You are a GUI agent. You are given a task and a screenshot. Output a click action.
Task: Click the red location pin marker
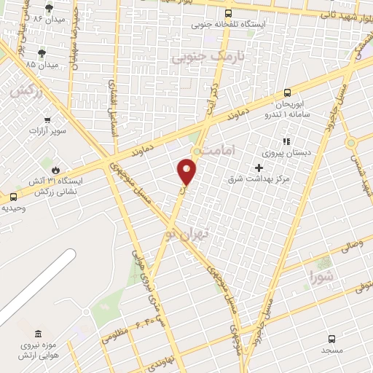pyautogui.click(x=187, y=171)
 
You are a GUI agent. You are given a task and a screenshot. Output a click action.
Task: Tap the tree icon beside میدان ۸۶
pyautogui.click(x=48, y=9)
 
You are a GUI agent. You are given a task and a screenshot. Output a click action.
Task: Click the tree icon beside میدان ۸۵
pyautogui.click(x=42, y=52)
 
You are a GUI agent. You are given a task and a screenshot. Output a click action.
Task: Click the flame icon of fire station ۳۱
pyautogui.click(x=55, y=169)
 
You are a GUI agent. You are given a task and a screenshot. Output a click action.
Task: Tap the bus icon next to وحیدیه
pyautogui.click(x=13, y=197)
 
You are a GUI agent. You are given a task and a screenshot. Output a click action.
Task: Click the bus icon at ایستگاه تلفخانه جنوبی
pyautogui.click(x=229, y=13)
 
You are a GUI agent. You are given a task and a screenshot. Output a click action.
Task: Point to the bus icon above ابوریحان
pyautogui.click(x=287, y=93)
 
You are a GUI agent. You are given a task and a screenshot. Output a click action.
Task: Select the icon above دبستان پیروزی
pyautogui.click(x=286, y=141)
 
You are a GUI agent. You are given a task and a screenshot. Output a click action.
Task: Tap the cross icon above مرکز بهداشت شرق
pyautogui.click(x=259, y=167)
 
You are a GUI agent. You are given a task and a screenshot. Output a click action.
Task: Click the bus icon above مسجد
pyautogui.click(x=332, y=339)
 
